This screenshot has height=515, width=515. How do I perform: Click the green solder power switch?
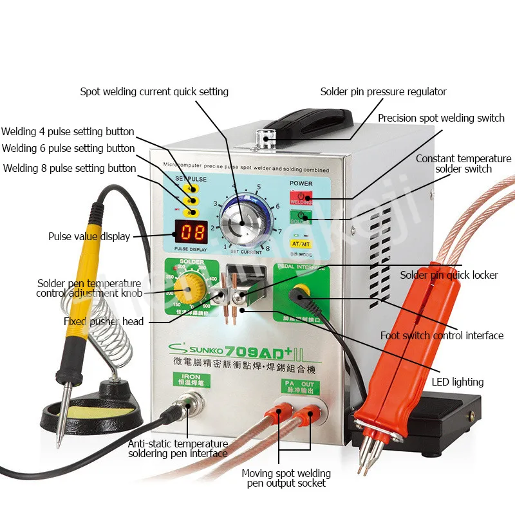301,218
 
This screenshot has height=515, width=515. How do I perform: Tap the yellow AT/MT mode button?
301,244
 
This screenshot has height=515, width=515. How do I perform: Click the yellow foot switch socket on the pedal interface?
301,295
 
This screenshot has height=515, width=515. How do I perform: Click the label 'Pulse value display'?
89,236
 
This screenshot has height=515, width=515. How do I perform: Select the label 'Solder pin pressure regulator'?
383,91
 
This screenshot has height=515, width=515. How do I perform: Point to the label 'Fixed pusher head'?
104,321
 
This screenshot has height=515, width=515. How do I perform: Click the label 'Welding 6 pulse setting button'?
68,148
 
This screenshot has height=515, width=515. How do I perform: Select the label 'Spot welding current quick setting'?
154,91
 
